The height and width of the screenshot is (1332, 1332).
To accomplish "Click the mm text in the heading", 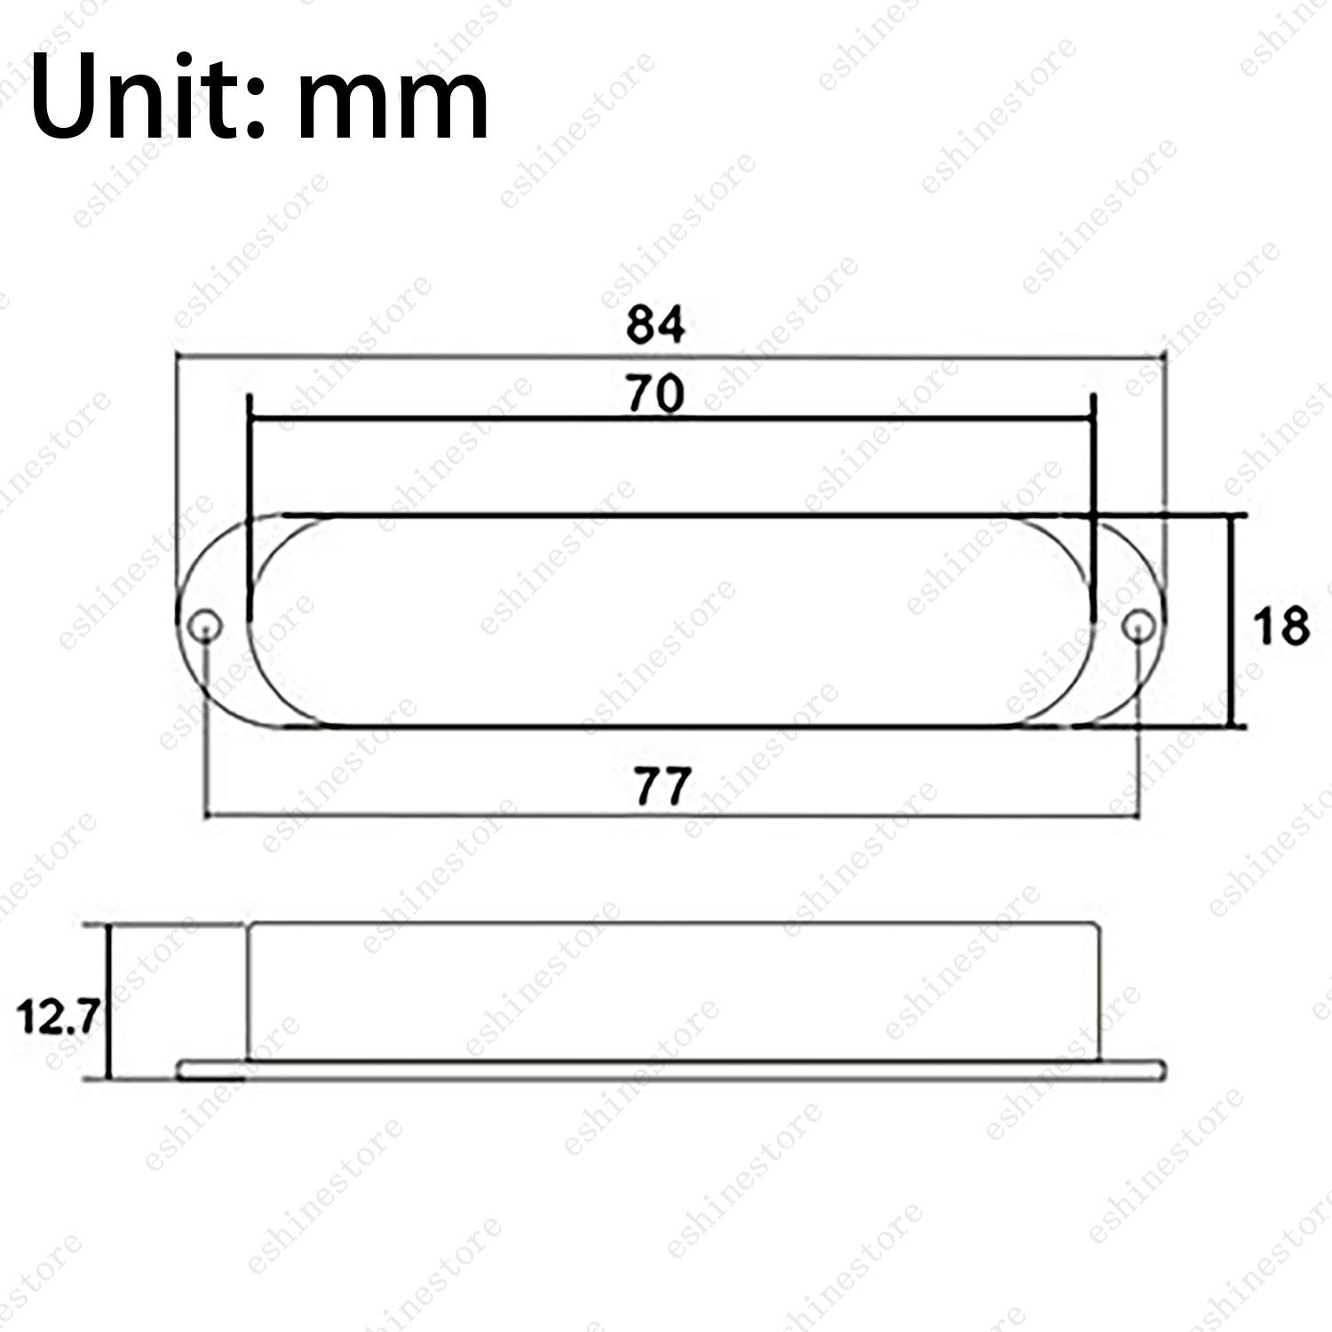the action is (x=392, y=105).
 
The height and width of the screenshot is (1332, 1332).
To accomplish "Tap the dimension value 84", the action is (x=655, y=325).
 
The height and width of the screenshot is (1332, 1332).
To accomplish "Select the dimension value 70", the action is (x=655, y=393).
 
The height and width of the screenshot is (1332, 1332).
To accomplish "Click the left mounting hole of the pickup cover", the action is (x=206, y=626).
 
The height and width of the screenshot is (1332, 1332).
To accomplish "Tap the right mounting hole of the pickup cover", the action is (x=1138, y=627).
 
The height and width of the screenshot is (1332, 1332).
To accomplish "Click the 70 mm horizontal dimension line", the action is (x=671, y=417).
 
